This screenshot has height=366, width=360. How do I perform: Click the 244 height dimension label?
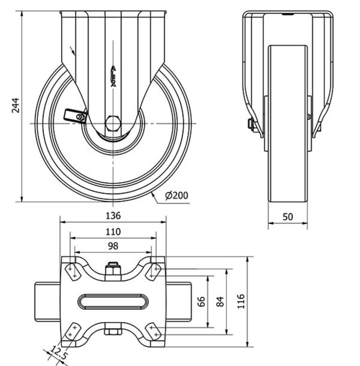[15, 105]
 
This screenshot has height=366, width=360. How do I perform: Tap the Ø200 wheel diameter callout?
[177, 195]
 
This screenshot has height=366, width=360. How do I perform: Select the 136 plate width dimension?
[113, 216]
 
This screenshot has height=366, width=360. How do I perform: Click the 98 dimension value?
[113, 246]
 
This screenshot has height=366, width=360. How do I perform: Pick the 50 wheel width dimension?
[288, 216]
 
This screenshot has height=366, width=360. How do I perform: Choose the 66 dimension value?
[202, 301]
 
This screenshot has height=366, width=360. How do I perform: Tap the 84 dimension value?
[221, 301]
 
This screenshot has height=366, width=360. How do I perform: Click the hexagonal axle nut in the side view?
[113, 124]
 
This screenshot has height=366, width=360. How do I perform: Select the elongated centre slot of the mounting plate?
[113, 301]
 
